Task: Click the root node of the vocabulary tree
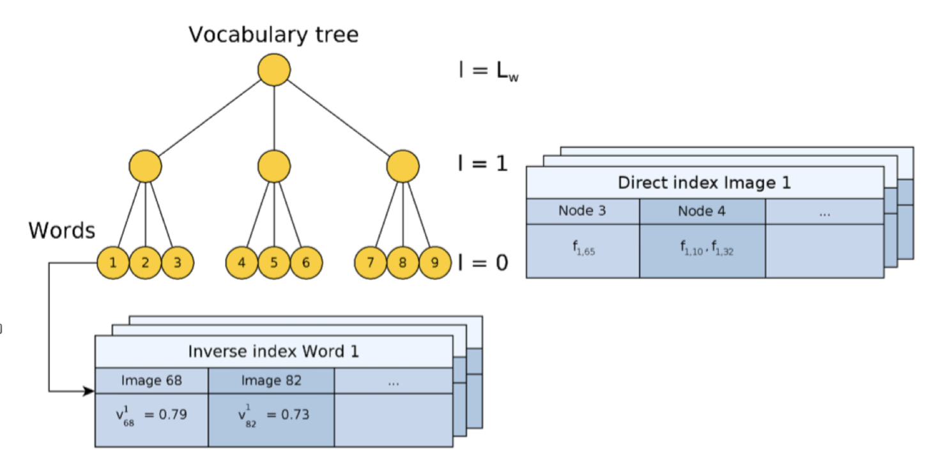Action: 274,70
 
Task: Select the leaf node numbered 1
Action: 113,263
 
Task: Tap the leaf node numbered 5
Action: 274,263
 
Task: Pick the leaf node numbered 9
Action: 435,263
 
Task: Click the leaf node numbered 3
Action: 178,263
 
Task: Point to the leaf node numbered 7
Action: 371,263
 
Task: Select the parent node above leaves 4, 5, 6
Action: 274,166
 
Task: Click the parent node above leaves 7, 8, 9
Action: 403,166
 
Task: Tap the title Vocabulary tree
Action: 273,35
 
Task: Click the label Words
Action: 62,231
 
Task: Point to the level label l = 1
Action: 483,164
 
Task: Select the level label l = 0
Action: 483,263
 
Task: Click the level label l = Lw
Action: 489,70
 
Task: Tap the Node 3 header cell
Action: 583,211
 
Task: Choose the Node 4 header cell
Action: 703,211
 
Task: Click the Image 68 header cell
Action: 151,381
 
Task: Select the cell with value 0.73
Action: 271,420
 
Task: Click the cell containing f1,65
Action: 583,251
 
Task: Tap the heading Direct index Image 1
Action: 704,183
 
